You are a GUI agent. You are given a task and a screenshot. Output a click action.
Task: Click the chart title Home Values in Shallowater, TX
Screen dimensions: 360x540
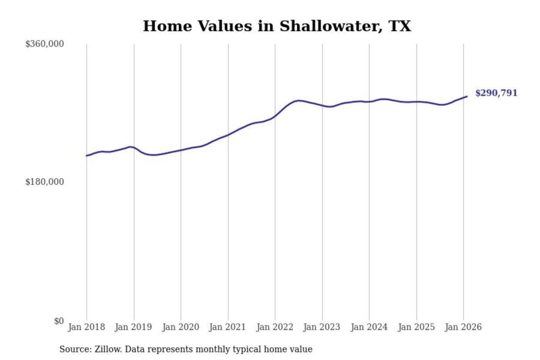[x=277, y=26]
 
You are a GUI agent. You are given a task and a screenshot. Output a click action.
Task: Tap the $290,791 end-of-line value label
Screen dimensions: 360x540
[x=496, y=93]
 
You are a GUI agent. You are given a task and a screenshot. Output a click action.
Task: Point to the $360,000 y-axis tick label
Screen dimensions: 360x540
[x=45, y=44]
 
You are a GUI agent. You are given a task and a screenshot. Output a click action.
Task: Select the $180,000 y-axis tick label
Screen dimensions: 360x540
[x=45, y=182]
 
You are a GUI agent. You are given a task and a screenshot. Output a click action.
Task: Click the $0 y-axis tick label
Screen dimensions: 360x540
[x=59, y=321]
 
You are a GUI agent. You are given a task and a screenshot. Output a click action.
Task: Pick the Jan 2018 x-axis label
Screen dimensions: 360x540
[x=86, y=327]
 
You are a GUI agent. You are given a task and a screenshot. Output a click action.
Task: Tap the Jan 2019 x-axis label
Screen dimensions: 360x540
[x=133, y=327]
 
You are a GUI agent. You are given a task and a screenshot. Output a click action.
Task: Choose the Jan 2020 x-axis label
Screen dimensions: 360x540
[x=180, y=327]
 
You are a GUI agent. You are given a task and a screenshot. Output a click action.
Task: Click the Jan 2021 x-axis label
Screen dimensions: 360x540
[x=227, y=327]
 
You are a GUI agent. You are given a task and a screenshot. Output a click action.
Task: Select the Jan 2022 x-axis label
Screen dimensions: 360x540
[x=274, y=327]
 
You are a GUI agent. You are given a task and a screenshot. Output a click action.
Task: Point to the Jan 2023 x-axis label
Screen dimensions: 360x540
[x=321, y=327]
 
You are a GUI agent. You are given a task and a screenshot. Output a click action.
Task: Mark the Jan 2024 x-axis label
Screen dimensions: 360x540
[x=369, y=327]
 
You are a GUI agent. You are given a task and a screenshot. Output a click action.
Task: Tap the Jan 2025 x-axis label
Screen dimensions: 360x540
[x=416, y=327]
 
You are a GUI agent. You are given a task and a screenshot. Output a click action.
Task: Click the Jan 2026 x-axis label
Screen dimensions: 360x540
[x=463, y=327]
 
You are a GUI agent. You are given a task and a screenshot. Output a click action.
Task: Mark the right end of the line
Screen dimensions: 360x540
[x=467, y=96]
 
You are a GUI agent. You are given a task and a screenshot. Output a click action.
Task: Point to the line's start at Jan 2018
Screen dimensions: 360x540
[x=87, y=156]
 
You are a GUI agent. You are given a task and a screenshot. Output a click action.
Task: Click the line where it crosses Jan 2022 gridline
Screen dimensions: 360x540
[x=275, y=116]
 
